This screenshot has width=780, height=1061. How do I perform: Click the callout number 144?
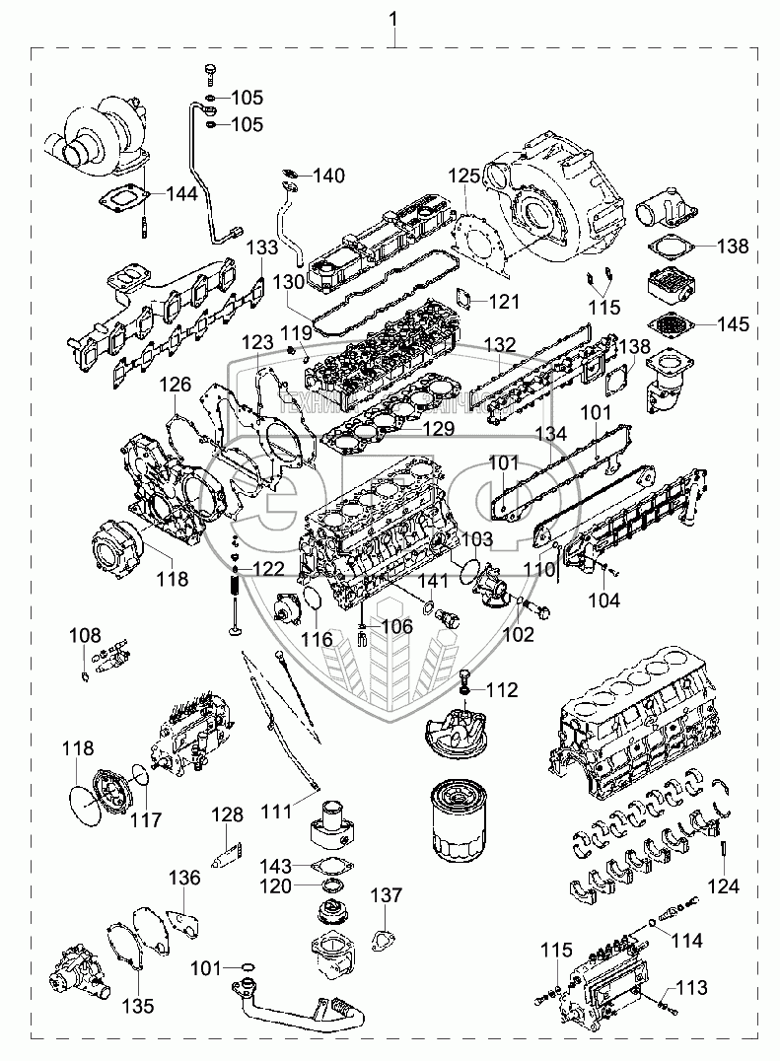pyautogui.click(x=180, y=194)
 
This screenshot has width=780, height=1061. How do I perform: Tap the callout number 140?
pyautogui.click(x=329, y=177)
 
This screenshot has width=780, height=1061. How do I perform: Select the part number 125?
pyautogui.click(x=464, y=176)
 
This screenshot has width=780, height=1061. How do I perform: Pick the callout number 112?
pyautogui.click(x=501, y=690)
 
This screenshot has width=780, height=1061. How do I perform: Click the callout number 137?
pyautogui.click(x=387, y=895)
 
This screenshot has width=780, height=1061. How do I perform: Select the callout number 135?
pyautogui.click(x=138, y=1006)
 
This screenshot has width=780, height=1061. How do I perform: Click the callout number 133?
pyautogui.click(x=261, y=247)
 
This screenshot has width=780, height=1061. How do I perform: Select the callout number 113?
pyautogui.click(x=692, y=986)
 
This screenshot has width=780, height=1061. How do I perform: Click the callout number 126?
pyautogui.click(x=177, y=383)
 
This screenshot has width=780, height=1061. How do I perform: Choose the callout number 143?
pyautogui.click(x=277, y=866)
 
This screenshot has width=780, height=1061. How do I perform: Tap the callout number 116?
pyautogui.click(x=317, y=640)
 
